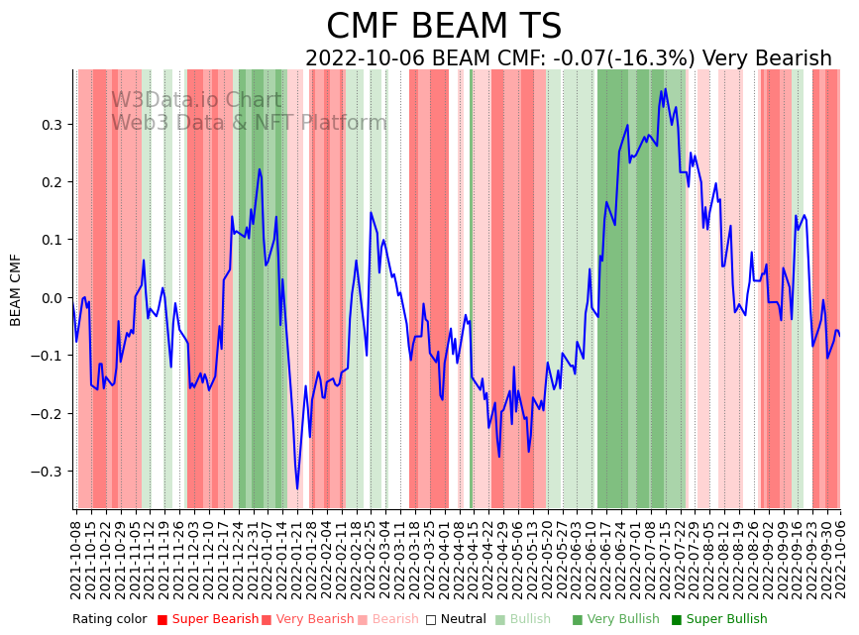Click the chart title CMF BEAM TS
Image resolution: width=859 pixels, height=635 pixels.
[444, 27]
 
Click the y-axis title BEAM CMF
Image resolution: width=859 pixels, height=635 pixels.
[16, 289]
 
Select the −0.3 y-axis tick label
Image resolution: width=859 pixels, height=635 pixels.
[47, 472]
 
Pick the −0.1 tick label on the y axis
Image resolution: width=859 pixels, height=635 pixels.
[47, 356]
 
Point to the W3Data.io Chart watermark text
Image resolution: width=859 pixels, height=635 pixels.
[195, 100]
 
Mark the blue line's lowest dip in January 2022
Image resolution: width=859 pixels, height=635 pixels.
[297, 488]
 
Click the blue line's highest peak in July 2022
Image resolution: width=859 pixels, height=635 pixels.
[666, 89]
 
